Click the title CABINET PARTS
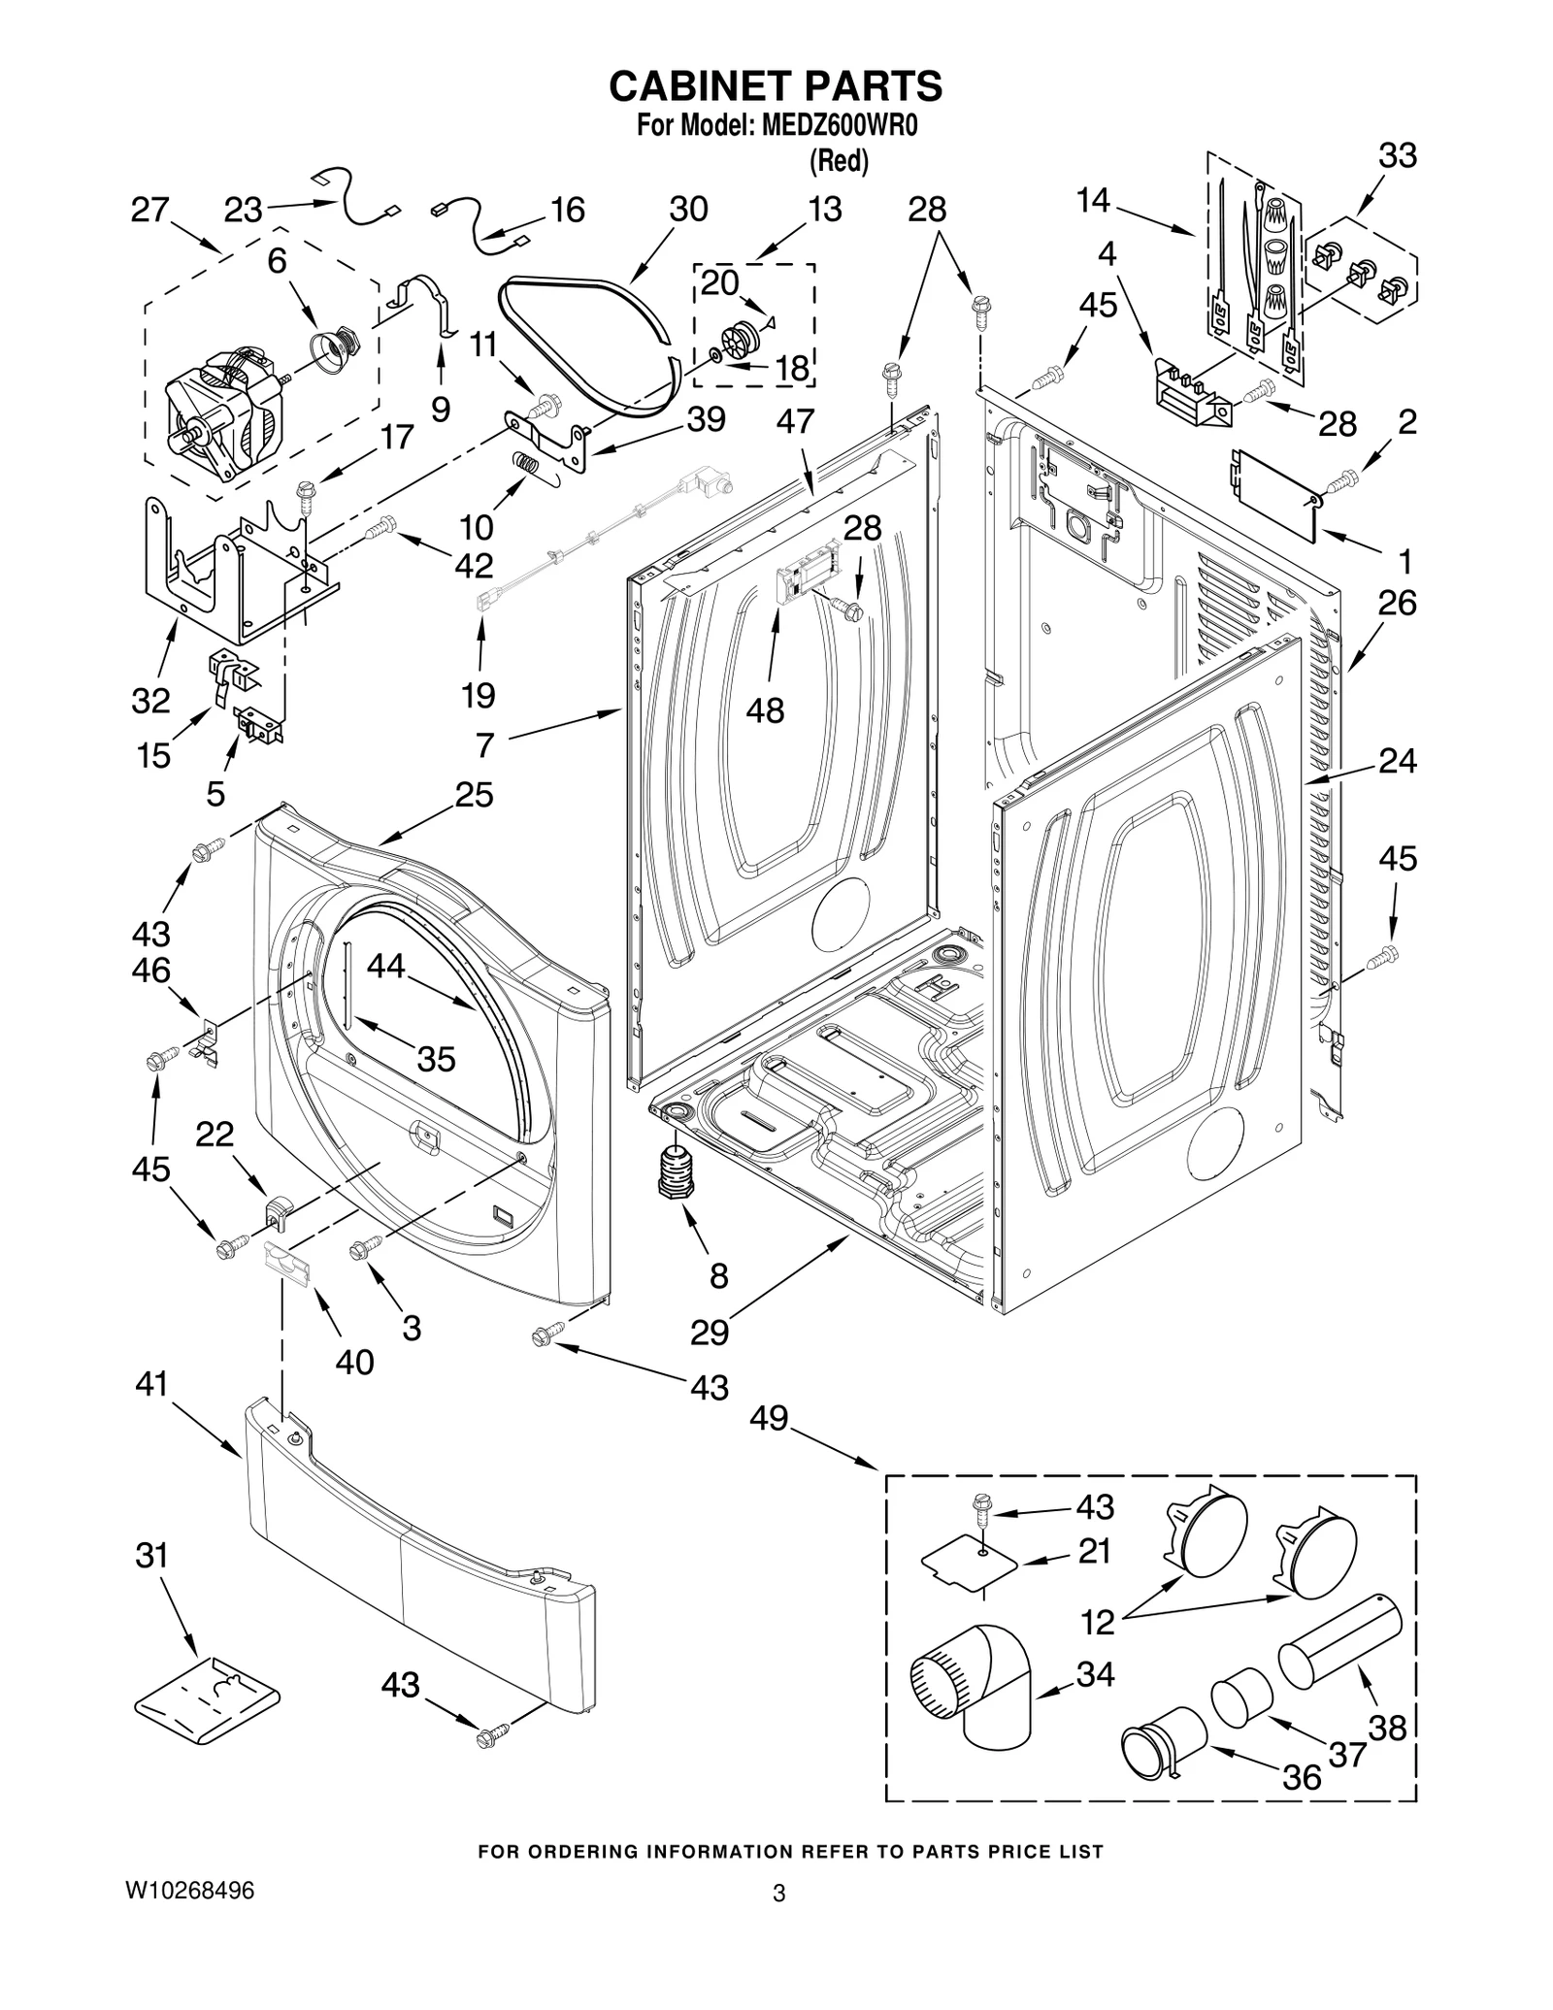pyautogui.click(x=776, y=85)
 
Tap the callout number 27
pyautogui.click(x=150, y=210)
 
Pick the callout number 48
pyautogui.click(x=765, y=710)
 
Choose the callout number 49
pyautogui.click(x=769, y=1419)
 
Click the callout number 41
pyautogui.click(x=151, y=1384)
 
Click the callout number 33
pyautogui.click(x=1398, y=155)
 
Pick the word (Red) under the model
pyautogui.click(x=839, y=161)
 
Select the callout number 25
pyautogui.click(x=474, y=795)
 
